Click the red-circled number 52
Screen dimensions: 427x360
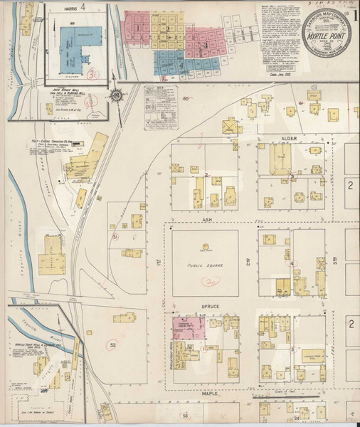[x=112, y=345]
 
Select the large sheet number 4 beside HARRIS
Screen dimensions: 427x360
[x=83, y=9]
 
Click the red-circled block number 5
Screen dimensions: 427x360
[x=292, y=349]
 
